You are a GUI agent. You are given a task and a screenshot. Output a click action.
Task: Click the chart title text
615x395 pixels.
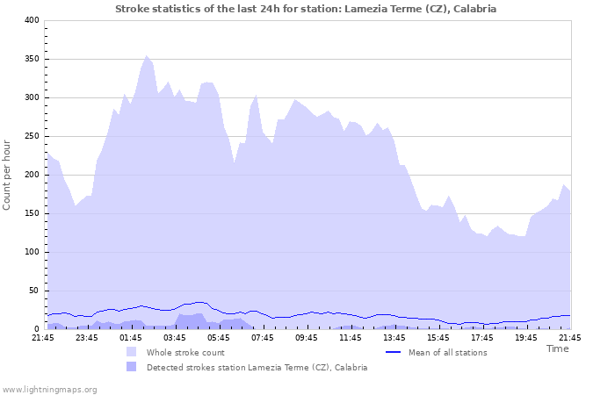[306, 9]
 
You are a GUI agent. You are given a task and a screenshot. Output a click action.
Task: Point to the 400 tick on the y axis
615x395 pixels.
[30, 20]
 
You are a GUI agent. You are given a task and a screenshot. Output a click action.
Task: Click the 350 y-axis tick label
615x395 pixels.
[30, 59]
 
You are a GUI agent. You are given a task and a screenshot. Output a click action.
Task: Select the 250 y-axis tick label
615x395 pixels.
[30, 136]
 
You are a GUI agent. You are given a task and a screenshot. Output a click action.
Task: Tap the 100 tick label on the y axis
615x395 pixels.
[30, 252]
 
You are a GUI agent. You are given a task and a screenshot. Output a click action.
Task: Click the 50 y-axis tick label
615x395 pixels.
[33, 291]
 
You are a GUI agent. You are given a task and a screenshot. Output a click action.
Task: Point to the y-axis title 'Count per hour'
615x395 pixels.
[8, 175]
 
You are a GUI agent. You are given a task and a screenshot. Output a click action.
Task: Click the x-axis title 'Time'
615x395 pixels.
[557, 348]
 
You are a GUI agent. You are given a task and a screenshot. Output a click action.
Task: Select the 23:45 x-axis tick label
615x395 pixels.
[87, 337]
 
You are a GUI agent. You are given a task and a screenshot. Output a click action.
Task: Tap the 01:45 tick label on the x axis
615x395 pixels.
[131, 337]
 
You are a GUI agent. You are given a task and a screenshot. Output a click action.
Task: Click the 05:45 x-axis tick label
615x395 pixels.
[219, 337]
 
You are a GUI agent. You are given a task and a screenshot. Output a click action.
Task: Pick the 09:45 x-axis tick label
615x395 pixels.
[307, 337]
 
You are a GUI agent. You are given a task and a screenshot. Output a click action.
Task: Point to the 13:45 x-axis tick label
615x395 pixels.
[394, 337]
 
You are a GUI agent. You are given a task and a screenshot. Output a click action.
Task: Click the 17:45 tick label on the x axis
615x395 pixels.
[482, 337]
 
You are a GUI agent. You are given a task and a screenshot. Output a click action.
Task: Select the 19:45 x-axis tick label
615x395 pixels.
[526, 337]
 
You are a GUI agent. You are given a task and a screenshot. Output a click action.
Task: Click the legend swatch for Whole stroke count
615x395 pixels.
[132, 352]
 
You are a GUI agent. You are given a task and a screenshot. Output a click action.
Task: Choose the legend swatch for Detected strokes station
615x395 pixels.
[132, 367]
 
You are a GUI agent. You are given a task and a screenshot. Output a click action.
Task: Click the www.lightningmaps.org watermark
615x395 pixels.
[49, 389]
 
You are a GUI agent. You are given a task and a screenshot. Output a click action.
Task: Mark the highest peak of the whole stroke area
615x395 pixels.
[147, 55]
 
